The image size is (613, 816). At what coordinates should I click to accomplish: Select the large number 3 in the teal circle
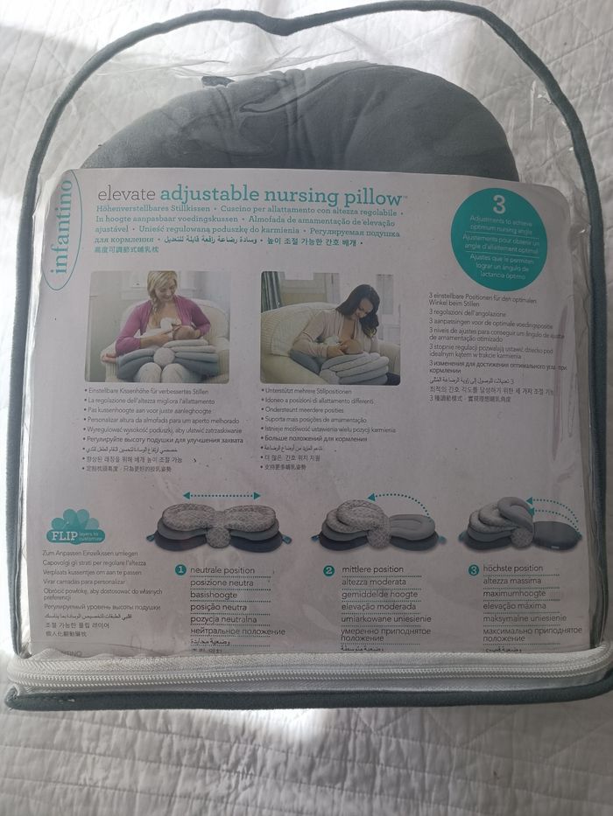[x=499, y=205]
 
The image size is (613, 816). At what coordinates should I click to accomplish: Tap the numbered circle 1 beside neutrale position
[x=178, y=570]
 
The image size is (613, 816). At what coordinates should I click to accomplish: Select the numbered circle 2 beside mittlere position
[x=329, y=570]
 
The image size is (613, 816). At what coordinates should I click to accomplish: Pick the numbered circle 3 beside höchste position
[x=473, y=569]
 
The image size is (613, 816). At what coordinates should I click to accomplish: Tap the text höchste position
[x=518, y=568]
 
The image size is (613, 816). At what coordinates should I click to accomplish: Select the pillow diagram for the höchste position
[x=513, y=525]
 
